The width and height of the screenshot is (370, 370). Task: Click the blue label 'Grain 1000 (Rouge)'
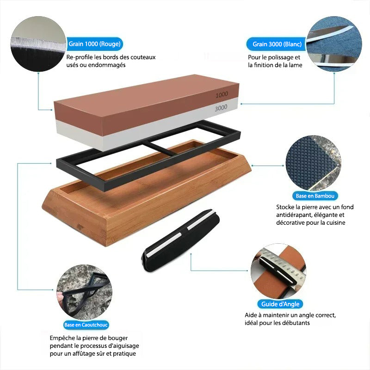[x=94, y=44]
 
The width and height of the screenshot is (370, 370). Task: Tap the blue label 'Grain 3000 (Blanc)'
[x=277, y=44]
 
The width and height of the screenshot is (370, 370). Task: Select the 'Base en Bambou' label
[x=315, y=196]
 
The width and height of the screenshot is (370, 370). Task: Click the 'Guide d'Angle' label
[x=280, y=304]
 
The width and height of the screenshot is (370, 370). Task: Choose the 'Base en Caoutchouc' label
[x=86, y=325]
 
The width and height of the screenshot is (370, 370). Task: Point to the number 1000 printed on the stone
[x=222, y=95]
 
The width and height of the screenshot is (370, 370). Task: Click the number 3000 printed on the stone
[x=221, y=108]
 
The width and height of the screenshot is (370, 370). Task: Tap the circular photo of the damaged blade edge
[x=38, y=44]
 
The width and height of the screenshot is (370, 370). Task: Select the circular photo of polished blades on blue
[x=334, y=44]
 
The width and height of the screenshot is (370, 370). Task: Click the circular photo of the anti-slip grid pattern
[x=314, y=163]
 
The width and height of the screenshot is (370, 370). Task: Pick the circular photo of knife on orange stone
[x=278, y=271]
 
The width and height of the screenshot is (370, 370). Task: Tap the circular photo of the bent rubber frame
[x=84, y=292]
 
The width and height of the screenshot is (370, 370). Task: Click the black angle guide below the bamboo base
[x=180, y=240]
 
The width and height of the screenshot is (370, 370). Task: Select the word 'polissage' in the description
[x=281, y=57]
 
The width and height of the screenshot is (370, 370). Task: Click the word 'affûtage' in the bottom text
[x=90, y=353]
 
